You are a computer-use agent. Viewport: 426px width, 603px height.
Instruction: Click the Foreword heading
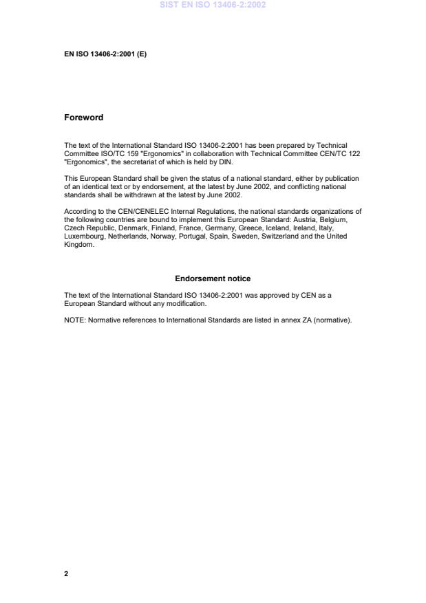(83, 118)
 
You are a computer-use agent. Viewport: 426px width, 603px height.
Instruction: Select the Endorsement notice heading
(213, 278)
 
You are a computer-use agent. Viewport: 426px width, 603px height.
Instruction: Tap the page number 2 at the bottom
(66, 573)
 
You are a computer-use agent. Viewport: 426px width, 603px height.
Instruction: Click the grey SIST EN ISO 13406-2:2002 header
(213, 5)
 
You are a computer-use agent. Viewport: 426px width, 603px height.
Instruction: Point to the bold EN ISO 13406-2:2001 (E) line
(105, 54)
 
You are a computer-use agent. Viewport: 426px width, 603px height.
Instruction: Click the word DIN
(225, 162)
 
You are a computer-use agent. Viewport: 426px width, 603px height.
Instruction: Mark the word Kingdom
(78, 244)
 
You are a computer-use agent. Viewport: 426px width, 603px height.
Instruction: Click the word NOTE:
(74, 320)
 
